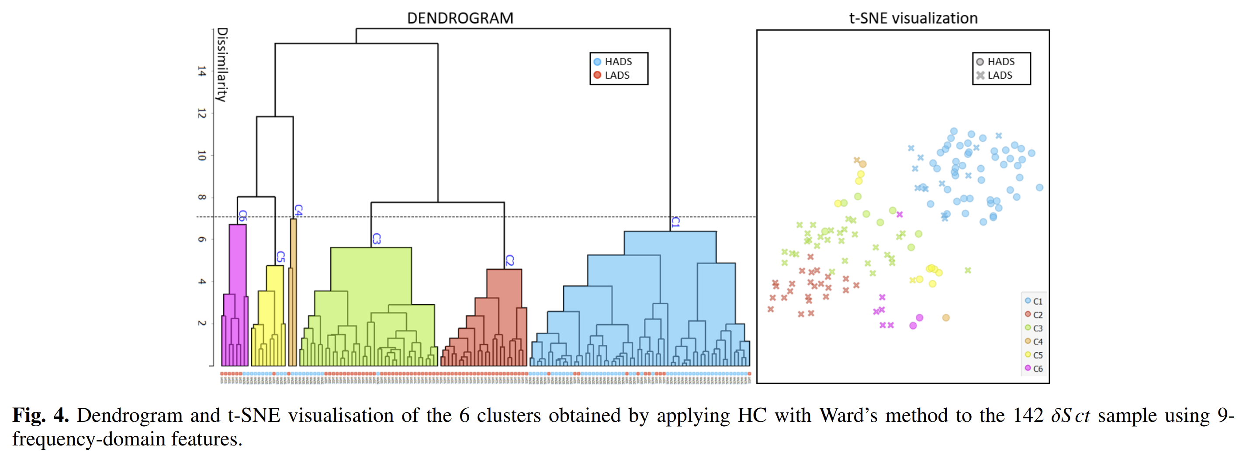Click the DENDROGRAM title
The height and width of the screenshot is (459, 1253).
click(x=460, y=18)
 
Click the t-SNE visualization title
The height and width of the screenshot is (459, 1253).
click(x=913, y=18)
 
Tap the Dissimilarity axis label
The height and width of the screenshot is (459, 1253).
click(x=222, y=65)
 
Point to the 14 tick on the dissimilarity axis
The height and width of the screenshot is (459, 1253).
click(x=201, y=72)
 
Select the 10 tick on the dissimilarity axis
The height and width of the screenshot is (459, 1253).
click(x=201, y=156)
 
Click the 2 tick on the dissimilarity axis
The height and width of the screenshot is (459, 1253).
click(x=201, y=323)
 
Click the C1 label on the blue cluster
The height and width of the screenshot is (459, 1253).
click(x=675, y=223)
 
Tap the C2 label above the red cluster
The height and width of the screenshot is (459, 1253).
click(x=509, y=261)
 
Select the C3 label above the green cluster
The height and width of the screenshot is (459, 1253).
click(x=376, y=239)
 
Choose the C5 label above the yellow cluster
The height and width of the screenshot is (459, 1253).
click(x=280, y=257)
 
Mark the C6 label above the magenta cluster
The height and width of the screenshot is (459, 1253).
click(x=242, y=216)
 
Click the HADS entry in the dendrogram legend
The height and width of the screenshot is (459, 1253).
click(x=618, y=62)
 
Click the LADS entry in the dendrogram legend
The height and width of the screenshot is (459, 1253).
click(x=617, y=76)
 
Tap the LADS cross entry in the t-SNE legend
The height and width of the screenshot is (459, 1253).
click(x=999, y=76)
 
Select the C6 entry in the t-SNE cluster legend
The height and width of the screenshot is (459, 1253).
click(x=1037, y=369)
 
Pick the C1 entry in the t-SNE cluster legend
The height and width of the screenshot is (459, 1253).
click(x=1037, y=301)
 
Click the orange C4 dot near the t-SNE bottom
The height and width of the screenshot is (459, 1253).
click(x=945, y=318)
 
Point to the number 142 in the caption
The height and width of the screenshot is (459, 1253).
click(x=1028, y=416)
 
